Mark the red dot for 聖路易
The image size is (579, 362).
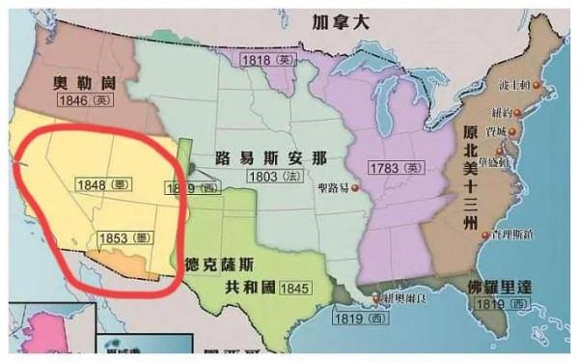pos(355,187)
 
